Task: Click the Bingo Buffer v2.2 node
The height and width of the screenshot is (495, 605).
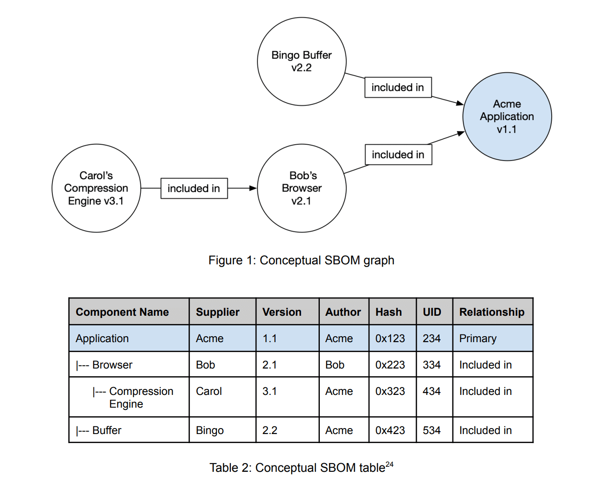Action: (x=302, y=61)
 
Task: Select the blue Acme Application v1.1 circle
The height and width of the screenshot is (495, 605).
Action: (x=507, y=117)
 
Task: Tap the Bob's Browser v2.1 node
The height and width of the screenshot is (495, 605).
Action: (x=302, y=188)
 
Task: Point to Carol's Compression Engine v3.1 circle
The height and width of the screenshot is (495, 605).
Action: (x=96, y=188)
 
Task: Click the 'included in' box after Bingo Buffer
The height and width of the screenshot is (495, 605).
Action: (x=398, y=87)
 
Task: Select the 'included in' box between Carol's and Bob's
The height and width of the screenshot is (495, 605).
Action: (x=194, y=188)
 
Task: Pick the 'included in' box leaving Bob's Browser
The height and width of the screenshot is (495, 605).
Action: (x=398, y=155)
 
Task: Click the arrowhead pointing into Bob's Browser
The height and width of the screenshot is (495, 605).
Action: (x=253, y=188)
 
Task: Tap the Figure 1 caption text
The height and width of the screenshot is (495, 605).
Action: (x=301, y=260)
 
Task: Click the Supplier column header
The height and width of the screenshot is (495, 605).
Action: (x=218, y=312)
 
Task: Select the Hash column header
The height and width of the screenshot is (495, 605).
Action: (x=389, y=312)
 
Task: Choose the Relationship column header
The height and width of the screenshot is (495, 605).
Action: (x=492, y=312)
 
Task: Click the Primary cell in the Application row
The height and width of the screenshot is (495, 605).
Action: (x=478, y=338)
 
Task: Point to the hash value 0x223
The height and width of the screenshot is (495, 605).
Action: (x=390, y=365)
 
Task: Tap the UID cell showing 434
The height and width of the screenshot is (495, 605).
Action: (x=431, y=391)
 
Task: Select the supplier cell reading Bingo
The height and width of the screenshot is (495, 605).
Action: (x=210, y=430)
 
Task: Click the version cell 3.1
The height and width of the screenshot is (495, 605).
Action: (x=270, y=391)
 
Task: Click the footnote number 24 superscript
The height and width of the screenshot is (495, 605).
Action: (x=390, y=465)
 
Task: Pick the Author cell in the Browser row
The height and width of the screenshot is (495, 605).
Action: (x=335, y=365)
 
